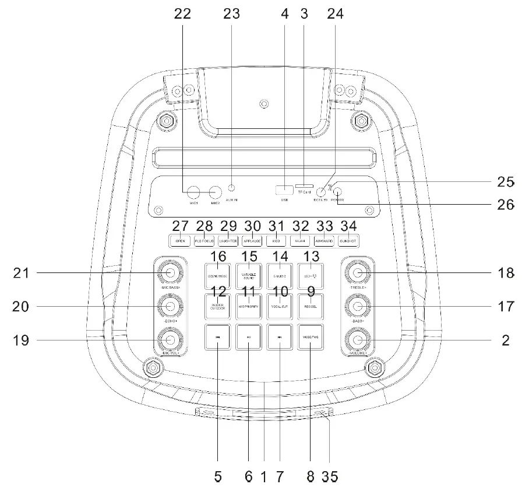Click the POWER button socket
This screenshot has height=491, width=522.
(x=337, y=192)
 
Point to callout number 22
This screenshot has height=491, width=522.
(x=183, y=15)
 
